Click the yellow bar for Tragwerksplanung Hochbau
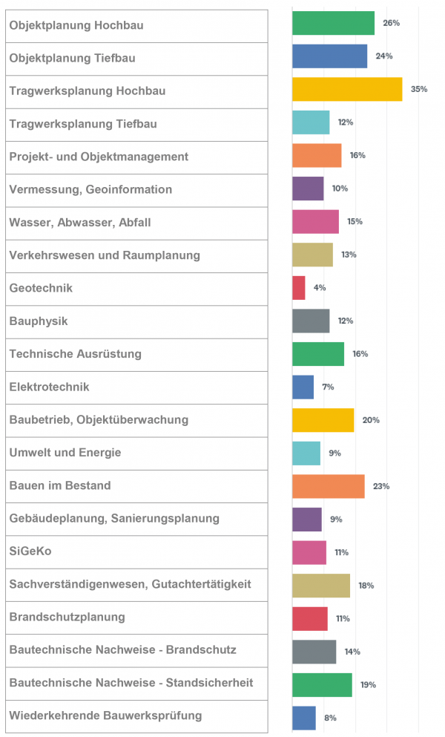pos(346,89)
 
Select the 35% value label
pos(418,89)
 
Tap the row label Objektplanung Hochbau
pos(76,25)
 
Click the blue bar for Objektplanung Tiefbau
pos(329,56)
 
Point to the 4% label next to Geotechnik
pos(320,287)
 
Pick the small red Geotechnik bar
pos(298,287)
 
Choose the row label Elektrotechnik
pos(49,387)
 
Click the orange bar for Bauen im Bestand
pos(328,486)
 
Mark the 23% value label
pos(381,486)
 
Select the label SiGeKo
pos(30,551)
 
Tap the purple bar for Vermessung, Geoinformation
pos(308,189)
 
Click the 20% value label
pos(371,420)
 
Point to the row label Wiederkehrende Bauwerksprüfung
pos(105,715)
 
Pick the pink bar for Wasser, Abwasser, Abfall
pos(315,221)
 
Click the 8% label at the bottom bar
pos(330,718)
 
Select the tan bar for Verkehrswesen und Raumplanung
pos(312,255)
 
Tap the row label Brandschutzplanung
pos(67,617)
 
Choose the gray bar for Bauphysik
pos(311,321)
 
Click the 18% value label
pos(366,586)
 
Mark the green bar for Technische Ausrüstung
pos(317,354)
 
